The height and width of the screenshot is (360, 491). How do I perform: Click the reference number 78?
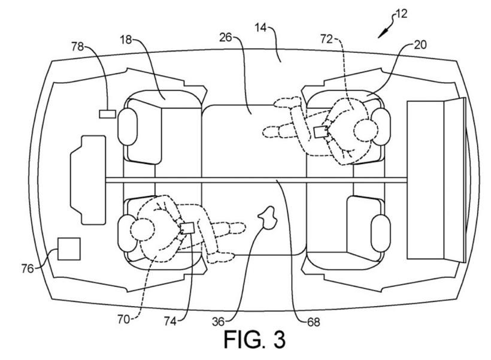78,47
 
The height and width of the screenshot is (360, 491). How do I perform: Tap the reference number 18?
126,40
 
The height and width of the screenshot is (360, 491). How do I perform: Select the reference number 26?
226,37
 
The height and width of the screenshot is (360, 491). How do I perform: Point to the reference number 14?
260,28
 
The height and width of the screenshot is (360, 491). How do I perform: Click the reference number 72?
326,39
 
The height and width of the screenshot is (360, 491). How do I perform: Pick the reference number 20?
420,45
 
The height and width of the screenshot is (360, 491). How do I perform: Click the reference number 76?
27,268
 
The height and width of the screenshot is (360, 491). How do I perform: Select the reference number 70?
123,319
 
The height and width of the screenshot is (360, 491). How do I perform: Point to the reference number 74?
170,321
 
